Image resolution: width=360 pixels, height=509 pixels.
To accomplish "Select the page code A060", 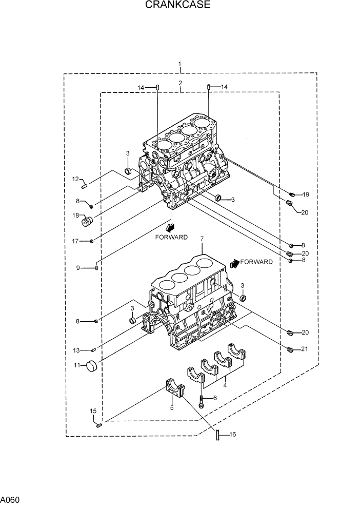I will point(10,499).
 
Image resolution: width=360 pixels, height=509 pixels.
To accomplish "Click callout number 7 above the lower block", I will point(202,239).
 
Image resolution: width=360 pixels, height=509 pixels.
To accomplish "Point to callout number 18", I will point(75,216).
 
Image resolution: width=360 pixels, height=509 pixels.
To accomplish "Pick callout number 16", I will point(232,435).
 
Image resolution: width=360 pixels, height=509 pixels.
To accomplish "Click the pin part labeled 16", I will point(217,435).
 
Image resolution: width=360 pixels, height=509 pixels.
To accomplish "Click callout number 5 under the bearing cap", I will point(172,408).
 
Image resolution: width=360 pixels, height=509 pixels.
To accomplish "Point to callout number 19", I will point(306,194).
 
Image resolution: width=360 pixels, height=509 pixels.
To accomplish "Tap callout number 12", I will point(75,179).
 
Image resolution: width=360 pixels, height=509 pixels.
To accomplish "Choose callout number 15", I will point(93,411).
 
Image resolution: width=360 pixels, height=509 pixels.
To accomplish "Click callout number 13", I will point(76,350).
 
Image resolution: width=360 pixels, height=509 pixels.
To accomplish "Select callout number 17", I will point(75,241).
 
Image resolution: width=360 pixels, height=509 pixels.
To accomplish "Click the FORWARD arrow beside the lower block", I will point(235,263).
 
